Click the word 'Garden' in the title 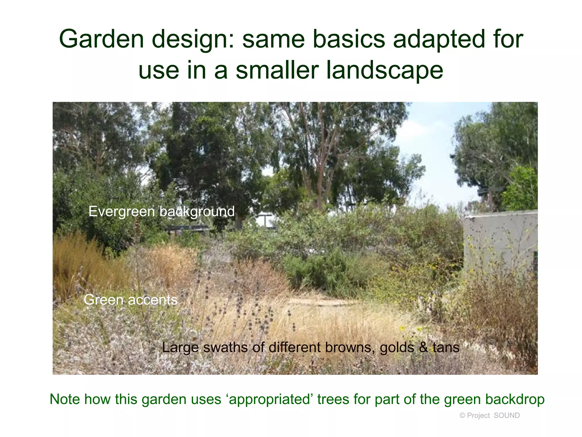(101, 39)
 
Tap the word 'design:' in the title (193, 39)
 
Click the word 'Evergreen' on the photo (122, 211)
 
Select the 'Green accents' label (130, 300)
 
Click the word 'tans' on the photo (446, 347)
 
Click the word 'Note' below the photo (65, 399)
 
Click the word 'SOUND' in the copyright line (507, 415)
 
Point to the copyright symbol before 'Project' (462, 416)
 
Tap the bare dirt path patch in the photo (327, 302)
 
